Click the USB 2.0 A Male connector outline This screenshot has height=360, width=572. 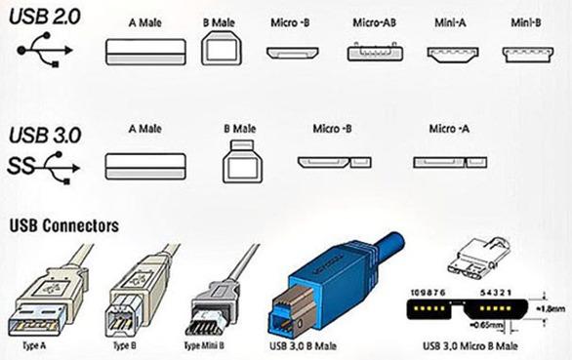(x=144, y=48)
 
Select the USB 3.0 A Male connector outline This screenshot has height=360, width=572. (x=144, y=164)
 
